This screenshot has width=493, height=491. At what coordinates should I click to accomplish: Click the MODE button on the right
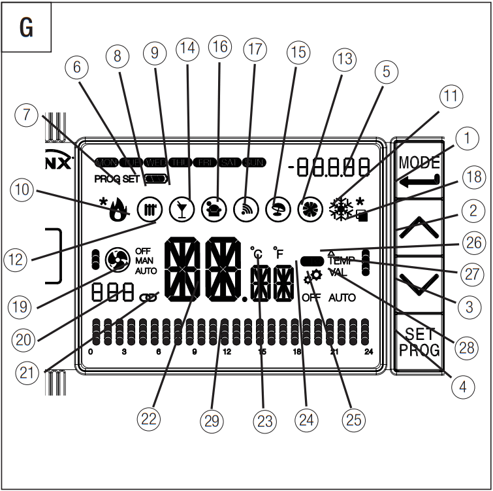pyautogui.click(x=419, y=172)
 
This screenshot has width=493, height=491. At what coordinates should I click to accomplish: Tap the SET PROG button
pyautogui.click(x=419, y=342)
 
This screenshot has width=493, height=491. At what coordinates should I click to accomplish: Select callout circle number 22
pyautogui.click(x=149, y=419)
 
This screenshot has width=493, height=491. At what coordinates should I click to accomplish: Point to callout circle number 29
pyautogui.click(x=210, y=420)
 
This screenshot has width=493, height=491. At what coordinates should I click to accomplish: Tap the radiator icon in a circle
pyautogui.click(x=147, y=209)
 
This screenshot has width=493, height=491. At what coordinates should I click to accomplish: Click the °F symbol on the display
pyautogui.click(x=279, y=252)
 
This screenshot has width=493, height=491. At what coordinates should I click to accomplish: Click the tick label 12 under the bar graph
pyautogui.click(x=227, y=352)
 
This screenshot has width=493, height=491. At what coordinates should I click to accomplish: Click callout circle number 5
pyautogui.click(x=386, y=73)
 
